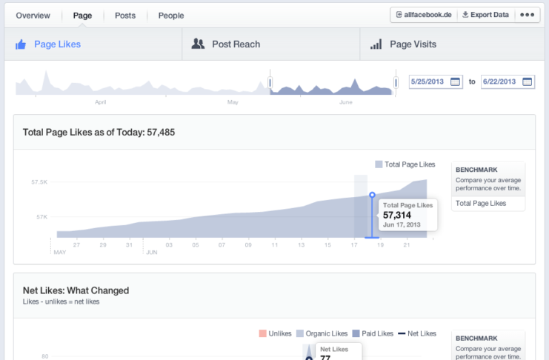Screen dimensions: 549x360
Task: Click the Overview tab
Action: (x=33, y=16)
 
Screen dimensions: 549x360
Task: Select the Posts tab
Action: (x=125, y=16)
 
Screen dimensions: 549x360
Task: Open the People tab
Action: (x=171, y=16)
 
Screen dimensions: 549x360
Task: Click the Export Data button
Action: (x=485, y=15)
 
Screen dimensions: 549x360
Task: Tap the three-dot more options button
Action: (x=527, y=15)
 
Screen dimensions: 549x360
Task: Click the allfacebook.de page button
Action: (x=424, y=15)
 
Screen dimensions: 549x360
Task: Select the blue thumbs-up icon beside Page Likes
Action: (x=21, y=44)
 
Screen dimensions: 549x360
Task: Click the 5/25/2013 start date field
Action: (x=436, y=81)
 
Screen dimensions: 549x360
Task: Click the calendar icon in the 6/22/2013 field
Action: (x=527, y=81)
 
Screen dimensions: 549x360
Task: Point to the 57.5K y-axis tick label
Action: (x=39, y=182)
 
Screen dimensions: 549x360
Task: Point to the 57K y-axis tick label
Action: (x=41, y=217)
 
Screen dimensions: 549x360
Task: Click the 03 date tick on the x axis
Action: (x=169, y=244)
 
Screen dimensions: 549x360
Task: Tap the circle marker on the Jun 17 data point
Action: (x=372, y=195)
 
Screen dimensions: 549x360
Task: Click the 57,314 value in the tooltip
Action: (x=396, y=215)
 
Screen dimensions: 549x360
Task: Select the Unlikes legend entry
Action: (x=275, y=333)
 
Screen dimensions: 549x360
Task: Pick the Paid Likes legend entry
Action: (x=373, y=333)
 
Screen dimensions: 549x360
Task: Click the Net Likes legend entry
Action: (x=417, y=333)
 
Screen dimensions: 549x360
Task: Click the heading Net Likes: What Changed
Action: (x=76, y=290)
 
